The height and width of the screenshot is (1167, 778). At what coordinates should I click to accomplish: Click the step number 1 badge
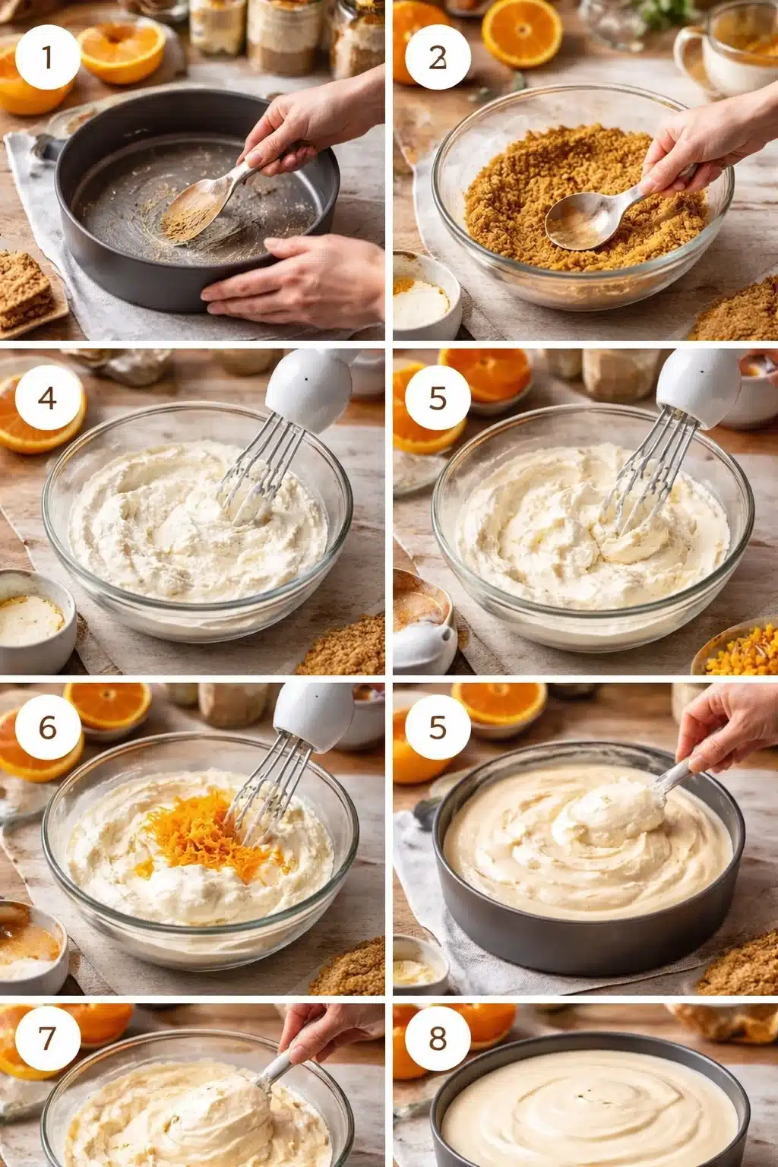tap(47, 57)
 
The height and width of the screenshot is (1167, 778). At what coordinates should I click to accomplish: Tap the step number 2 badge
tap(437, 57)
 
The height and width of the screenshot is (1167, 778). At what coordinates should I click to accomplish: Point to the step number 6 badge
tap(47, 727)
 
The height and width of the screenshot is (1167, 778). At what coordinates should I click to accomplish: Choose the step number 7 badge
tap(47, 1038)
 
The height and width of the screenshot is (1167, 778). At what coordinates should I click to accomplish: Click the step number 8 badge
tap(437, 1038)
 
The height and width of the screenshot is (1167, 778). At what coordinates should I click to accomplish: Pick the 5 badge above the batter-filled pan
tap(437, 727)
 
